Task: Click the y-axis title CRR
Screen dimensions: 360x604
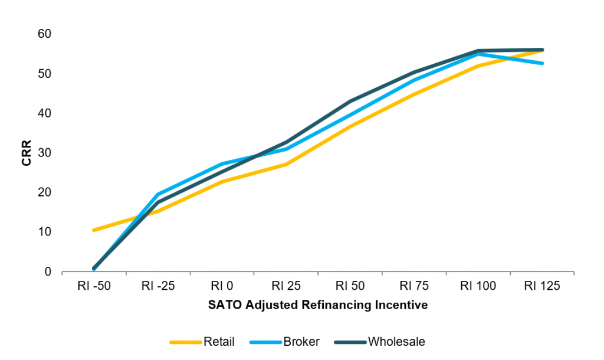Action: coord(27,153)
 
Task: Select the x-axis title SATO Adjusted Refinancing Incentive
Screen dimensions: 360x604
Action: coord(317,306)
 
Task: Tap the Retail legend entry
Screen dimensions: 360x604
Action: coord(219,341)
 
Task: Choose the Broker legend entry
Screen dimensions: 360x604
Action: coord(301,341)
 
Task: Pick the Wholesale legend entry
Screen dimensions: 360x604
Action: coord(396,341)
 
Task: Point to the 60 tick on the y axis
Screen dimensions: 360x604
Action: coord(45,34)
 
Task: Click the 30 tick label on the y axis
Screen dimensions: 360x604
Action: coord(45,153)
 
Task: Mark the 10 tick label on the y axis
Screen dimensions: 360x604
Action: coord(45,232)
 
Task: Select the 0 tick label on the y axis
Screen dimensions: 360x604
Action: coord(48,271)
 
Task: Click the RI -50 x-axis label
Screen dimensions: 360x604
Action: coord(94,286)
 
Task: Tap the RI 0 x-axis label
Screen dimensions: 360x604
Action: coord(222,286)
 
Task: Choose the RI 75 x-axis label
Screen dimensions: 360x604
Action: coord(414,286)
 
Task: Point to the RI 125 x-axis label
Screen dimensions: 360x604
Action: coord(542,286)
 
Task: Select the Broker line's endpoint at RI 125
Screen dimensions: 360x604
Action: coord(542,63)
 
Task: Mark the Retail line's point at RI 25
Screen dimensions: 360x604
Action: coord(286,164)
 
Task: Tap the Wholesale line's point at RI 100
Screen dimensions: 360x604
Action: coord(478,51)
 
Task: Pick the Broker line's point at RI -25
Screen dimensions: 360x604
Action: coord(158,194)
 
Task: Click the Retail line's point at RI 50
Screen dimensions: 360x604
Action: coord(350,126)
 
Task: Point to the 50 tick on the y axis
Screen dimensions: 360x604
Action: coord(45,74)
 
